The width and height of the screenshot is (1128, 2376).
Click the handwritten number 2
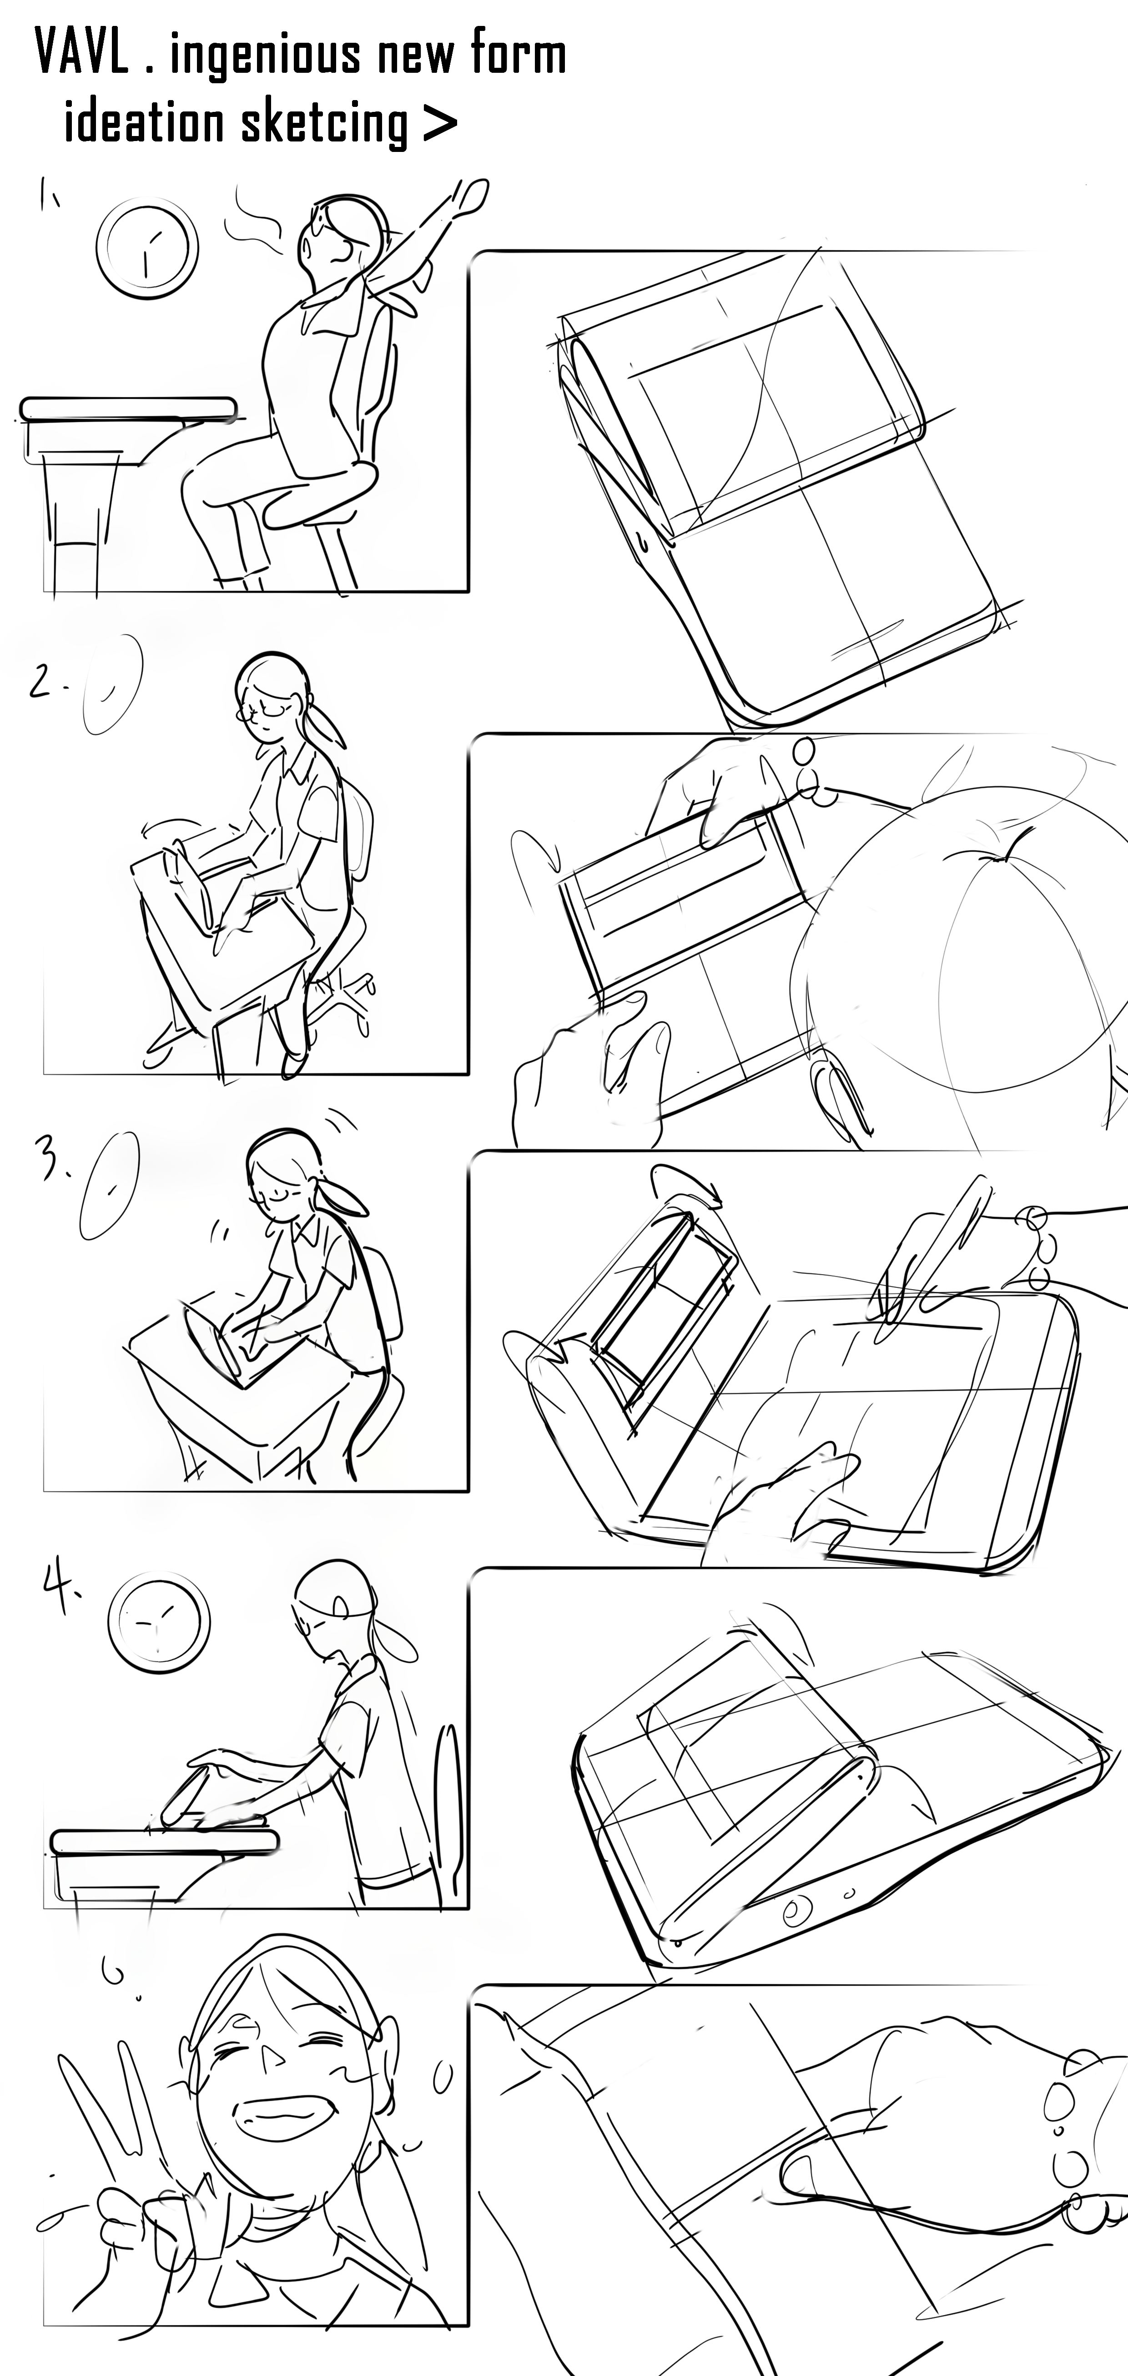(x=41, y=681)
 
